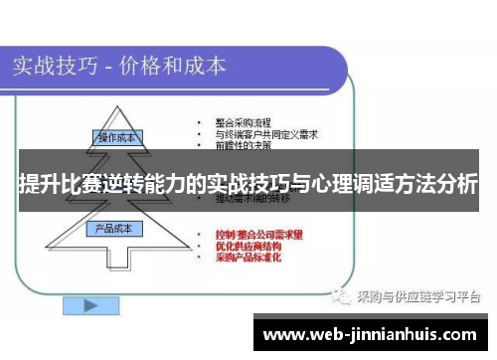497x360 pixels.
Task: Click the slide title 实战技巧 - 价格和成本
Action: coord(119,67)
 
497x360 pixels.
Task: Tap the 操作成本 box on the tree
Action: coord(117,135)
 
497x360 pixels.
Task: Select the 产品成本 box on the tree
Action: coord(117,229)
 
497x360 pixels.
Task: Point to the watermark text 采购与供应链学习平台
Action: coord(417,295)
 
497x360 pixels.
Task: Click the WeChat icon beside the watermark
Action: coord(341,295)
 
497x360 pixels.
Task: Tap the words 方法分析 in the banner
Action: coord(441,184)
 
